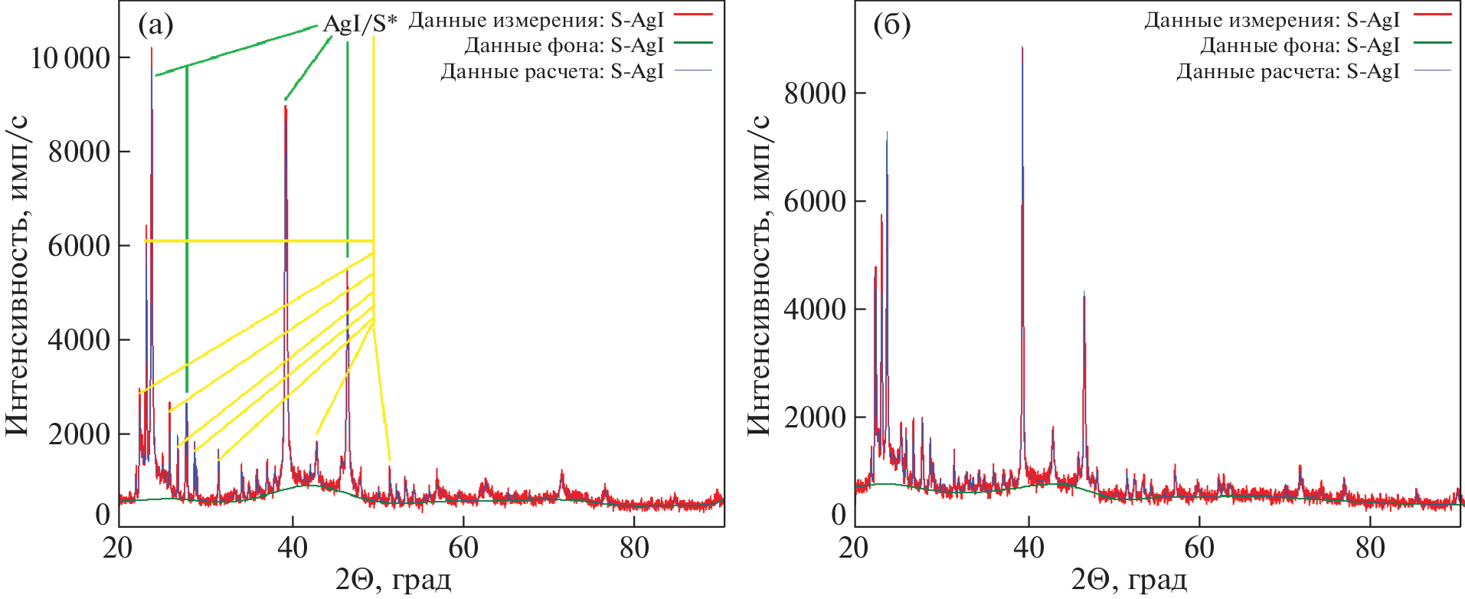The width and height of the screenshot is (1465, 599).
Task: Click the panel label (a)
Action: click(155, 26)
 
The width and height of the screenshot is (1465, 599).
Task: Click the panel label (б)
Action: click(891, 26)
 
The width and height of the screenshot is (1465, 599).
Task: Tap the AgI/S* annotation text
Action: click(360, 23)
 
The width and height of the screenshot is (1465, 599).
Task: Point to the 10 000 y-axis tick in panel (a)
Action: click(70, 57)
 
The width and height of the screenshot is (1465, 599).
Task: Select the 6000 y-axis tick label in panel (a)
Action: click(79, 246)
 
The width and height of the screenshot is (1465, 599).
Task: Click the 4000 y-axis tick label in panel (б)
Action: click(815, 309)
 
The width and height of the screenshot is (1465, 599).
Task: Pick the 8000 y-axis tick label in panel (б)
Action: click(815, 93)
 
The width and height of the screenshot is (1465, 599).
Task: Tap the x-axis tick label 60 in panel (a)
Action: click(463, 548)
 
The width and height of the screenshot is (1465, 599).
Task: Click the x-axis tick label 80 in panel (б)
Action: click(1369, 548)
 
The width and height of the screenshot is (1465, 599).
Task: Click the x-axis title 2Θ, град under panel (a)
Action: click(393, 581)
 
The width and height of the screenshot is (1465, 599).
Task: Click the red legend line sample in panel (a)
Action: click(694, 15)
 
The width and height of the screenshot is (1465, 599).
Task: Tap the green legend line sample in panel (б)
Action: click(1432, 43)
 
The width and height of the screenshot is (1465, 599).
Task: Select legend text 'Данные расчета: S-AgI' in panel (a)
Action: click(551, 71)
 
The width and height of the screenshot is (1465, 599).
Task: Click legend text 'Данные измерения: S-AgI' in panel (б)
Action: click(1271, 20)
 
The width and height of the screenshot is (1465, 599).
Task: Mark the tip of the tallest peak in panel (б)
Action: click(1022, 47)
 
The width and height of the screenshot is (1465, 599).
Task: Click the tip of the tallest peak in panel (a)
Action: click(152, 48)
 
